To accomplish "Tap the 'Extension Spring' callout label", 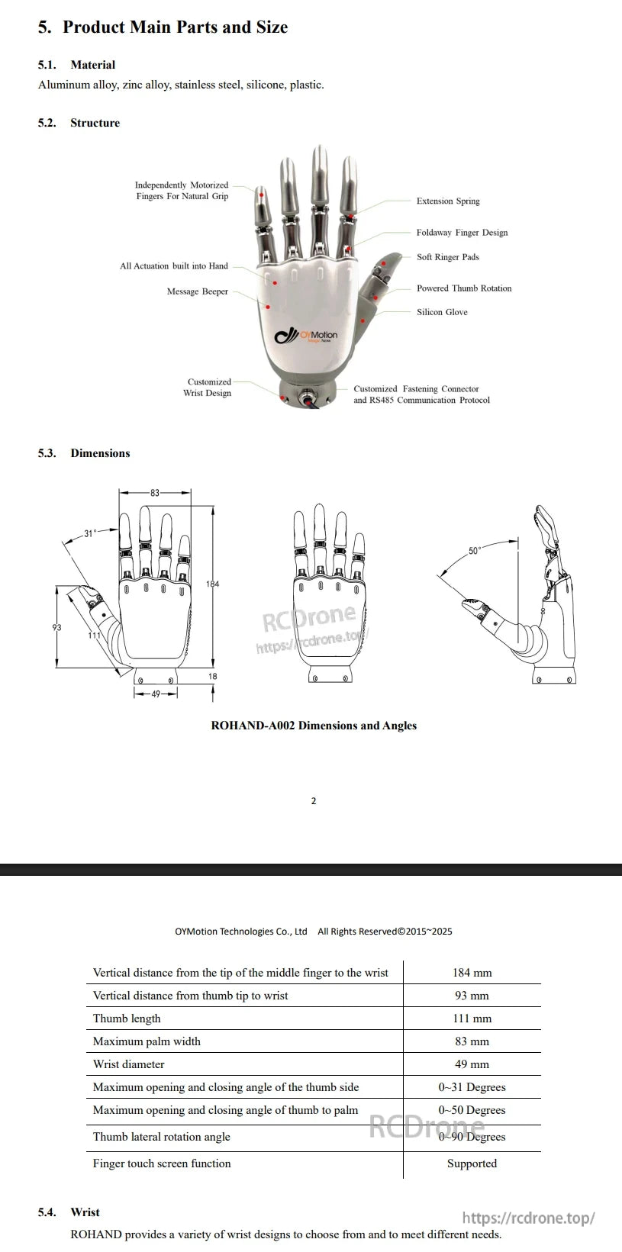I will coord(447,201).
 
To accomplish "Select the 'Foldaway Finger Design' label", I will coord(462,233).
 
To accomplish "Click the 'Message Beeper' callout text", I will coord(197,291).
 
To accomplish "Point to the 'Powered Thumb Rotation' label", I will coord(464,288).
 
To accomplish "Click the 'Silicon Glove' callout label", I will coord(442,312).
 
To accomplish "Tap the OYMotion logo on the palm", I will coord(306,336).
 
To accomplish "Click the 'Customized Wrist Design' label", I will coord(208,388).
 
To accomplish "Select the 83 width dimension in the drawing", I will coord(155,493).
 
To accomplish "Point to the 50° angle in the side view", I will coord(474,551).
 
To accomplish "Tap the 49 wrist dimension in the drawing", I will coord(156,694).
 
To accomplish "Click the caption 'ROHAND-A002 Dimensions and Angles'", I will coord(314,726).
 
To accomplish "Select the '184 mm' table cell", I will coord(472,973).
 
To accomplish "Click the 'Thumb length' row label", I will coord(127,1019).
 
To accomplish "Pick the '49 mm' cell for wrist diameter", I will coord(472,1064).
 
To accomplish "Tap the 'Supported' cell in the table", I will coord(472,1163).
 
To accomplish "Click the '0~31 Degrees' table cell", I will coord(472,1087).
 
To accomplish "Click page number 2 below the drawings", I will coord(314,801).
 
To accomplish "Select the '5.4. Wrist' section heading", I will coord(69,1212).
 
